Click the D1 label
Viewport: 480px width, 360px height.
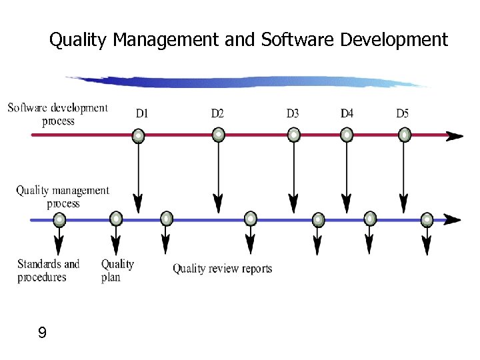pos(142,114)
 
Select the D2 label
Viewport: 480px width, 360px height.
pos(217,114)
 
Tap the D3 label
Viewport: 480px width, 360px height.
pos(293,114)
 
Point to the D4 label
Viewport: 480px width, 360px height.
pos(347,114)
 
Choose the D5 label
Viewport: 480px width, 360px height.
pos(402,114)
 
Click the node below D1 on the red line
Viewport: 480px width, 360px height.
pos(138,136)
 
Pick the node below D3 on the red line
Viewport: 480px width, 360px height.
pos(293,135)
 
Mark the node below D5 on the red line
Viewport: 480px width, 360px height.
pos(404,135)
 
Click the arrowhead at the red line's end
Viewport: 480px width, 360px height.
pos(455,136)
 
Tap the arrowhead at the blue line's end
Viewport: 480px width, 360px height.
pos(453,219)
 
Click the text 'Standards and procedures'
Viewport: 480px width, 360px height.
pos(48,270)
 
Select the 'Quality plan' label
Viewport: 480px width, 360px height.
pos(117,270)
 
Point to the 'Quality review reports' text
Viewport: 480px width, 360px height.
pos(223,269)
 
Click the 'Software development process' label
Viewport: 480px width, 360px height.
pos(58,114)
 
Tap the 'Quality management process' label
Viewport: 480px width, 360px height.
pos(63,197)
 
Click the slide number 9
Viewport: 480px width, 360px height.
pos(43,333)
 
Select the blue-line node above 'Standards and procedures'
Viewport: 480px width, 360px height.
pos(59,219)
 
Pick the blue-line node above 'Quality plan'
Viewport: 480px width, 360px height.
pos(116,219)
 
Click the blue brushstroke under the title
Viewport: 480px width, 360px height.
pos(247,81)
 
